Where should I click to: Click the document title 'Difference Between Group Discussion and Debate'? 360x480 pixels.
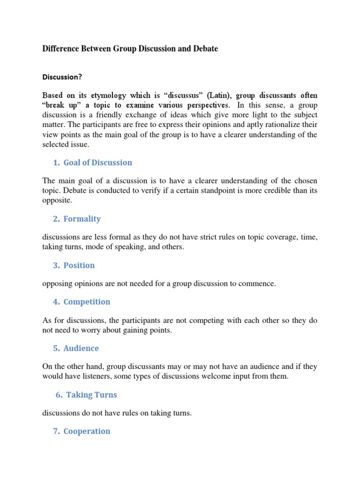point(130,49)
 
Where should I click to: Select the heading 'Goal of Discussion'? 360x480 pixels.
point(97,163)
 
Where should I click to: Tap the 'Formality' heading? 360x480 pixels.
point(82,218)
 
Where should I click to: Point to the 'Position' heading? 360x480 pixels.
point(79,265)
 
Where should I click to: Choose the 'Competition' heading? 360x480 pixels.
point(87,302)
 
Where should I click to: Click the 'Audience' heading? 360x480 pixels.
point(81,348)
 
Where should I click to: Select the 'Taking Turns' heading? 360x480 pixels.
point(91,395)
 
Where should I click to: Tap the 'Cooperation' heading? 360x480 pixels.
point(87,431)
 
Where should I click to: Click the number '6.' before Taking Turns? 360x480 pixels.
point(59,395)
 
